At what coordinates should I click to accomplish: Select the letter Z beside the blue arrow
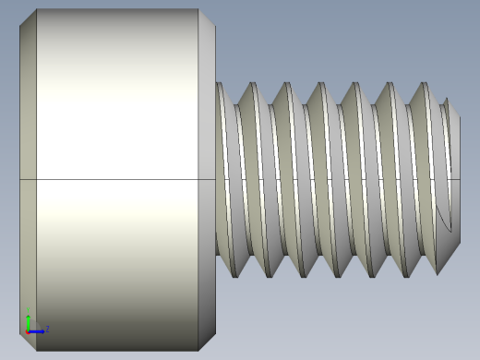[x=47, y=329]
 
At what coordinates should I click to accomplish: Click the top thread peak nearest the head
[x=250, y=84]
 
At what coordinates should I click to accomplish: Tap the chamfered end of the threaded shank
[x=453, y=175]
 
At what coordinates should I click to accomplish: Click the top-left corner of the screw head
[x=37, y=10]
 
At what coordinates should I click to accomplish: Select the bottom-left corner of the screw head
[x=37, y=350]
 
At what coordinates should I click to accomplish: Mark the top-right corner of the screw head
[x=198, y=10]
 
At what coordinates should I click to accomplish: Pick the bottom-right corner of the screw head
[x=198, y=350]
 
